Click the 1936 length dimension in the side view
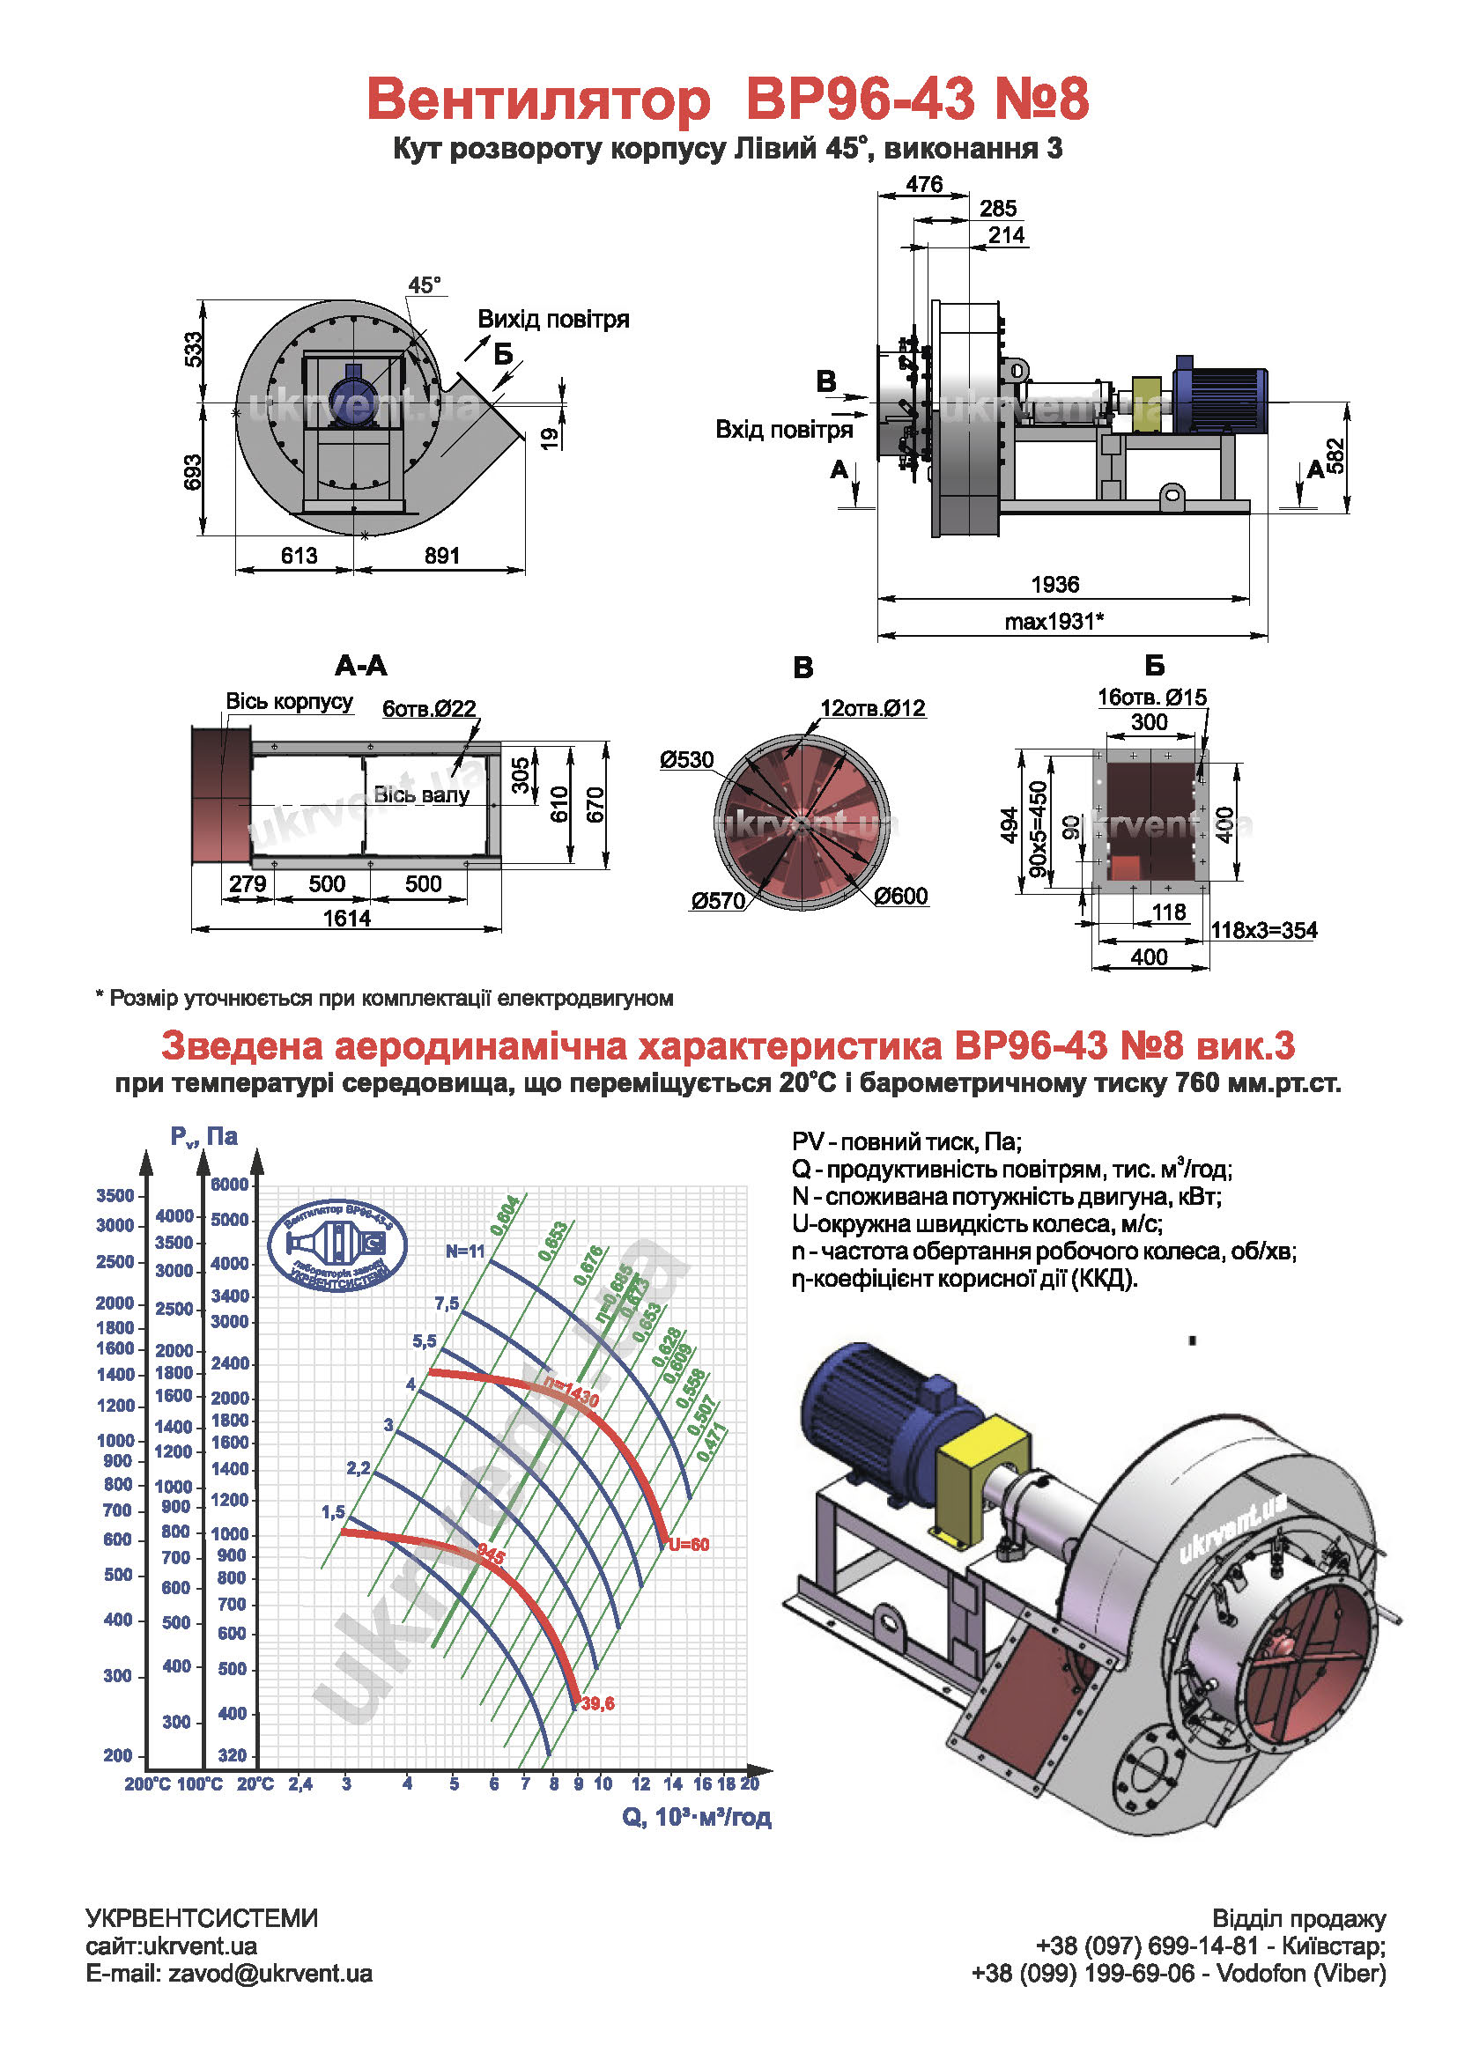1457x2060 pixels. click(x=1054, y=585)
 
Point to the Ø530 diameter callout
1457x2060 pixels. click(x=686, y=760)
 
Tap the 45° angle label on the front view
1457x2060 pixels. click(x=425, y=285)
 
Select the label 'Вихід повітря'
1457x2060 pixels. click(x=552, y=320)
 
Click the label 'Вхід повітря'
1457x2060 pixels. click(x=783, y=430)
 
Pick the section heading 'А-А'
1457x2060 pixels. click(x=360, y=666)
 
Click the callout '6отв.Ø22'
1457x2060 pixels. click(x=429, y=709)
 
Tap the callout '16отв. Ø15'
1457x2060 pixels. click(x=1152, y=698)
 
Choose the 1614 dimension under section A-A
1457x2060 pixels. click(x=346, y=918)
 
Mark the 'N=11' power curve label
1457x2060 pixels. click(x=465, y=1252)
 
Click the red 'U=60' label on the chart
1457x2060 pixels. click(x=688, y=1545)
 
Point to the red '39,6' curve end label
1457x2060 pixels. click(x=597, y=1703)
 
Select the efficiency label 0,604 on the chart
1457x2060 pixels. click(x=504, y=1215)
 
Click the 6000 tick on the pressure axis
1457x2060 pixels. click(x=230, y=1185)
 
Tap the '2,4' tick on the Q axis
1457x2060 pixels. click(x=300, y=1783)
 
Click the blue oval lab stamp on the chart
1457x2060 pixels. click(x=337, y=1246)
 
